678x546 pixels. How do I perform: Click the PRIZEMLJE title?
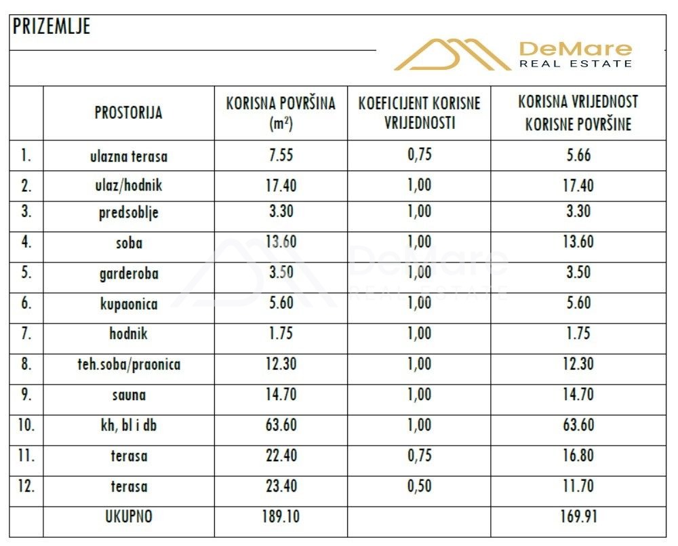(x=52, y=26)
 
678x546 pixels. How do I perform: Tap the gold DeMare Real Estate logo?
(x=513, y=54)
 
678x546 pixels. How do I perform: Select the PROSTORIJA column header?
(x=128, y=113)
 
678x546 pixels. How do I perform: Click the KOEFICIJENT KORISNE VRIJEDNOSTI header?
(x=420, y=113)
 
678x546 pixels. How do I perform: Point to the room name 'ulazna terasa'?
(x=129, y=156)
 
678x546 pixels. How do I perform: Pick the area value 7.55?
(x=281, y=155)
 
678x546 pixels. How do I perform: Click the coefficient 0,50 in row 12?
(x=420, y=486)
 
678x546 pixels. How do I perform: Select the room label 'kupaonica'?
(x=129, y=304)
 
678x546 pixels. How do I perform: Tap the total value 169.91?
(x=578, y=517)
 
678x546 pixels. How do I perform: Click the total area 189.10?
(x=281, y=517)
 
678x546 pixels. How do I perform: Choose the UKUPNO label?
(x=129, y=517)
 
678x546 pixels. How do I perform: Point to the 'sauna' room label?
(x=129, y=395)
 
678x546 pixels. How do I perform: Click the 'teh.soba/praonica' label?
(x=129, y=364)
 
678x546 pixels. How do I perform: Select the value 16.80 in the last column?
(x=578, y=456)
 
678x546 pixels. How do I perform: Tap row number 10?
(x=26, y=425)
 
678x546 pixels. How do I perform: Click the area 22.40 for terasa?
(x=281, y=456)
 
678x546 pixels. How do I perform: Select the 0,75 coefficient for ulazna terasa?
(x=420, y=155)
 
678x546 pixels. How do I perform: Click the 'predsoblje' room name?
(x=129, y=213)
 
